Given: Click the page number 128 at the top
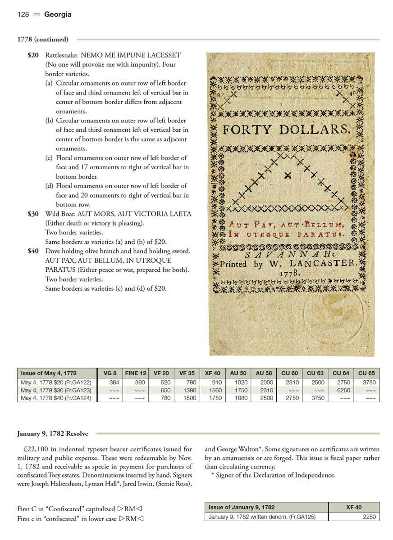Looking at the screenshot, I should pos(23,14).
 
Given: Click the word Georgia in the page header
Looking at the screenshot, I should pos(58,14).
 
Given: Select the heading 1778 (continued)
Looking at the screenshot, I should pos(43,39).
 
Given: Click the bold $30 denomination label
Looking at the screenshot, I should pos(33,214).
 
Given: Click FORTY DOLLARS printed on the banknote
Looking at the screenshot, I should pos(287,130).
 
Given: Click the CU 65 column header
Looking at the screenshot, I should pos(366,373).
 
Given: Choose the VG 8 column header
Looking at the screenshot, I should pos(110,373).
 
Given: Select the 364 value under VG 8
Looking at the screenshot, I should pos(114,382).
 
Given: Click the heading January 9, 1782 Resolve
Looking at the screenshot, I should pos(53,434).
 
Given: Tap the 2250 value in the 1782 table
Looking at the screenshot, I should pos(369,517).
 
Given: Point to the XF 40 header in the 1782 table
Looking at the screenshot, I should pos(354,507).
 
